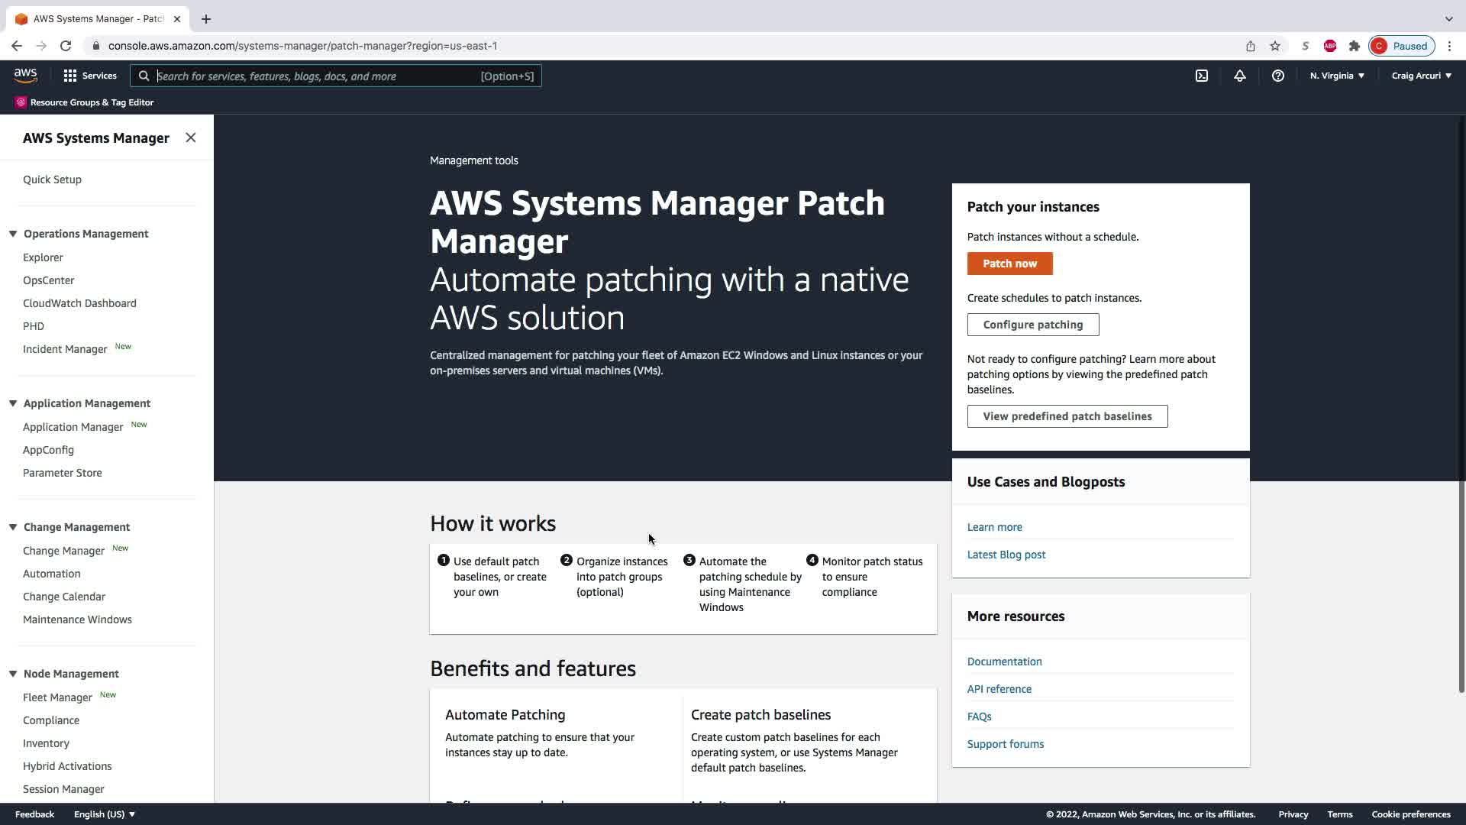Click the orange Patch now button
click(x=1009, y=264)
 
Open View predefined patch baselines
click(x=1067, y=416)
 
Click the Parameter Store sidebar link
click(x=63, y=473)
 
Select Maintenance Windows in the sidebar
click(x=77, y=620)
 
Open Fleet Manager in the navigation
click(x=57, y=697)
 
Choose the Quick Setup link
click(x=52, y=180)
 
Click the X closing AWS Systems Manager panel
click(x=191, y=137)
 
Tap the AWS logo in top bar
click(x=25, y=76)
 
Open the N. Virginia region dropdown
click(x=1337, y=76)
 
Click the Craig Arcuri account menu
click(x=1421, y=76)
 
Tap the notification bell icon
click(x=1239, y=76)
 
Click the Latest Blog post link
click(x=1006, y=555)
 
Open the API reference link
click(x=999, y=689)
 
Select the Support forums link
click(x=1005, y=744)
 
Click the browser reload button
click(x=66, y=46)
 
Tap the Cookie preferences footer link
click(x=1410, y=814)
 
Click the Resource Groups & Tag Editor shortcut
click(x=92, y=102)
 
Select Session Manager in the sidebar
click(x=63, y=789)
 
